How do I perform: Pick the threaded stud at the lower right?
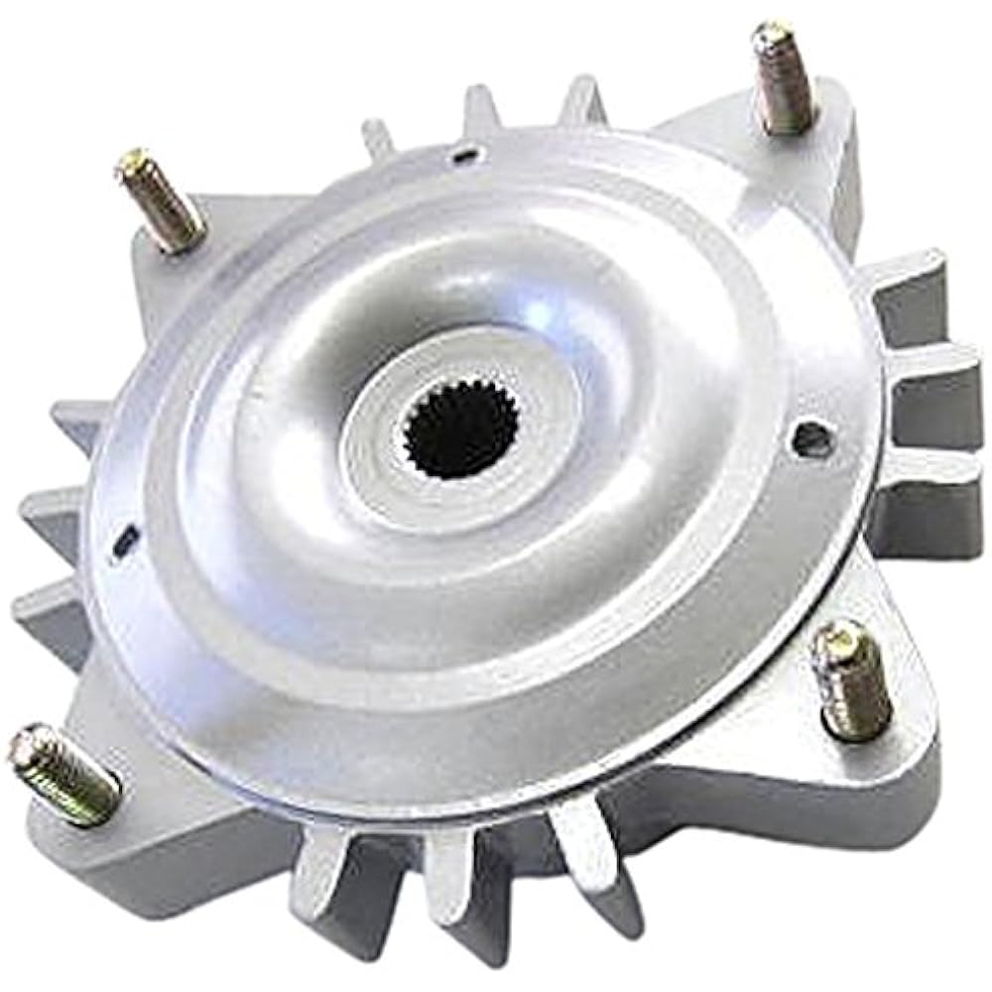[x=852, y=680]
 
